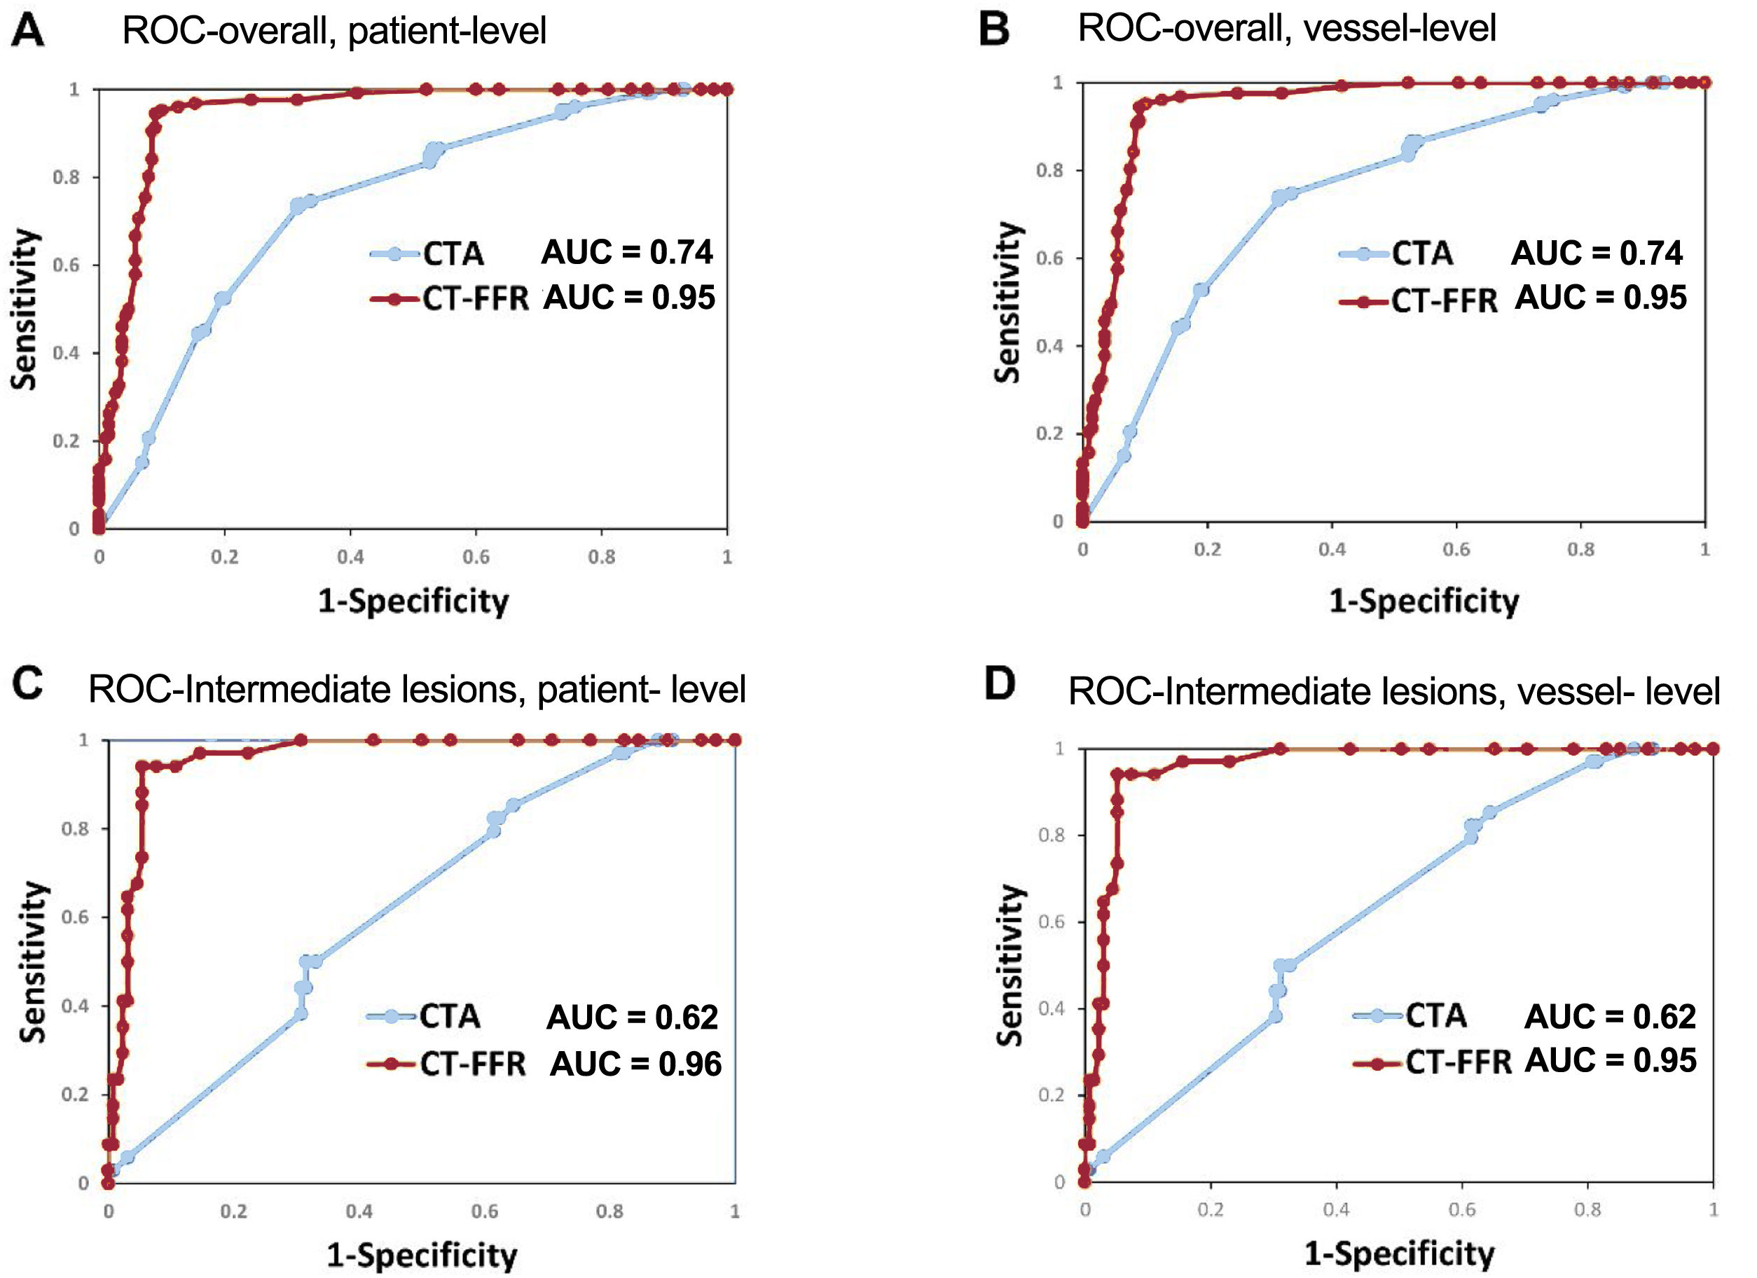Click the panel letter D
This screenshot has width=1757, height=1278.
[x=1000, y=685]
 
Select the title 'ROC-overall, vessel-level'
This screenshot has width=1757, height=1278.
[x=1286, y=29]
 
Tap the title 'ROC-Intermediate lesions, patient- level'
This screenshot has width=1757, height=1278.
[x=417, y=688]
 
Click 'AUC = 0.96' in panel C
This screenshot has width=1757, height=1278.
[x=635, y=1064]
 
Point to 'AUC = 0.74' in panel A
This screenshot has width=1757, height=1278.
[x=627, y=253]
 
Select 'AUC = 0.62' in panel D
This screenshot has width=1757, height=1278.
[x=1610, y=1016]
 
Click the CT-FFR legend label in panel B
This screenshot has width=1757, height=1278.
[x=1444, y=300]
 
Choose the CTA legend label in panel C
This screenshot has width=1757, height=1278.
[x=450, y=1016]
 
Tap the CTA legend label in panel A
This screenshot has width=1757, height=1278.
[x=453, y=254]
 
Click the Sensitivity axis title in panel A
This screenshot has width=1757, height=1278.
[x=25, y=309]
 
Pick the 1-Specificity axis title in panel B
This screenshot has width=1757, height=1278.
[x=1424, y=601]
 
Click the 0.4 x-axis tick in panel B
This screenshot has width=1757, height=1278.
[x=1332, y=549]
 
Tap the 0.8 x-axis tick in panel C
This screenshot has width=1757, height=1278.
[x=609, y=1211]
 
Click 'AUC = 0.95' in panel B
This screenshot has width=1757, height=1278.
[x=1601, y=298]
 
